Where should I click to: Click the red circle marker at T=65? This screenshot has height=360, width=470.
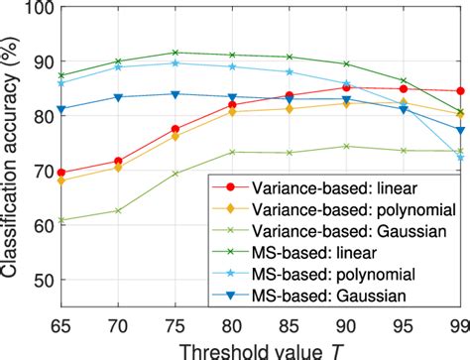point(61,173)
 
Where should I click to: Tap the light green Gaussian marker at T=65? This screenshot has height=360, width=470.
point(61,220)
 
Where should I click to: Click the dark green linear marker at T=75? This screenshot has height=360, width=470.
point(175,53)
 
